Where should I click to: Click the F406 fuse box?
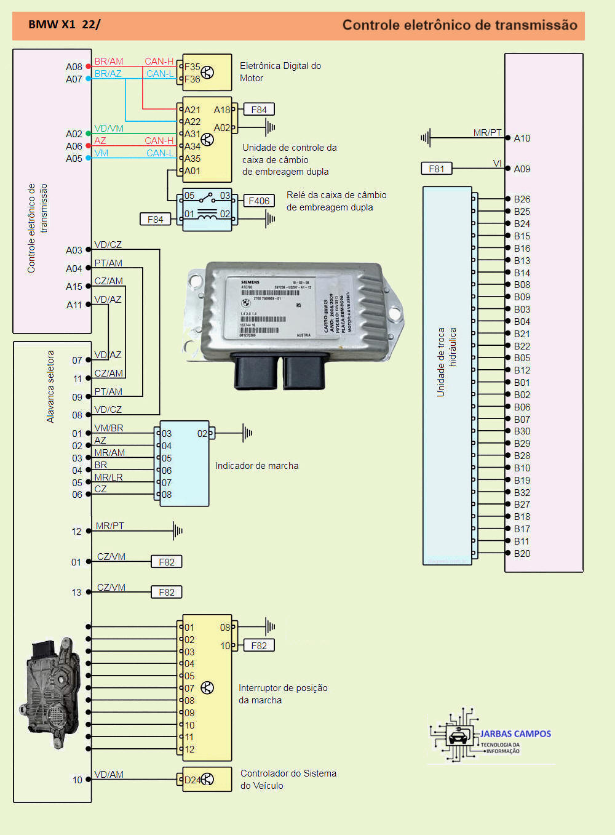pos(259,201)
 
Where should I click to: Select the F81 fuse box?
pos(436,169)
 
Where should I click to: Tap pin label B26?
pos(522,199)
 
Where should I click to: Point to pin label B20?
pos(522,554)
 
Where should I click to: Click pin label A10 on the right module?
pos(522,138)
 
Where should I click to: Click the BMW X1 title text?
pos(64,25)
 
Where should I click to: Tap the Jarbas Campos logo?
pos(491,736)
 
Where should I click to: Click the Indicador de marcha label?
pos(256,466)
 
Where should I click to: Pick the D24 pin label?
pos(192,780)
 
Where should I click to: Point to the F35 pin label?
pos(192,67)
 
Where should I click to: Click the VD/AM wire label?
pos(109,775)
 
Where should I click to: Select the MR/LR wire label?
pos(108,477)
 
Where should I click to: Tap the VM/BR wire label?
pos(108,428)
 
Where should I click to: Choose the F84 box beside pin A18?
pos(259,110)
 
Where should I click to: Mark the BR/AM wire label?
pos(109,62)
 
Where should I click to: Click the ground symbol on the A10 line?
pos(426,138)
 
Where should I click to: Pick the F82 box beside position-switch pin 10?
pos(259,645)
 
